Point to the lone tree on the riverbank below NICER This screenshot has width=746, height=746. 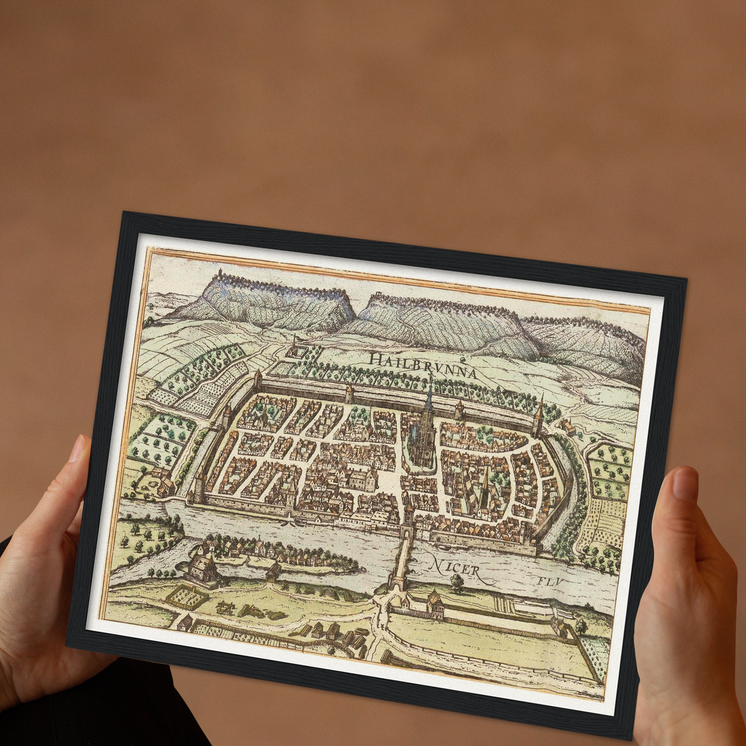pos(456,583)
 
